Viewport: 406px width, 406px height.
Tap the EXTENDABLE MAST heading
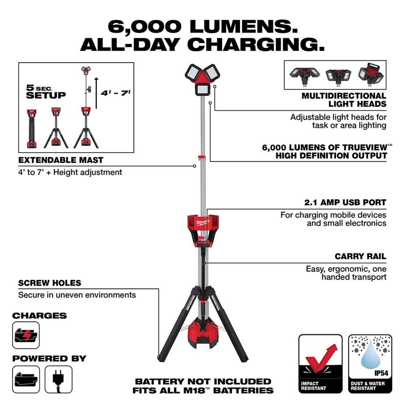61,160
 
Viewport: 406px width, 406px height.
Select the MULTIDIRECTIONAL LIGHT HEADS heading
343,100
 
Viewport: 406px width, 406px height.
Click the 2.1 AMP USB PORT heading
345,202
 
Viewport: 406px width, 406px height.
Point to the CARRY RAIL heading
361,257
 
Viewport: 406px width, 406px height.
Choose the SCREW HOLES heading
50,283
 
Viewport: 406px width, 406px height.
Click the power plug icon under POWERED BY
58,379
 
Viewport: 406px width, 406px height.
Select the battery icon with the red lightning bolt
26,335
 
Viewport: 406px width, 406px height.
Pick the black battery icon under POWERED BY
26,379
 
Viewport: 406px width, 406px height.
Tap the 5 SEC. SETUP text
46,92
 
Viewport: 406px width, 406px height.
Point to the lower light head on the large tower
203,89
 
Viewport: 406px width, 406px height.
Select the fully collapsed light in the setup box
32,128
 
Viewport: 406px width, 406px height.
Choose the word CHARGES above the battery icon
39,315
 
